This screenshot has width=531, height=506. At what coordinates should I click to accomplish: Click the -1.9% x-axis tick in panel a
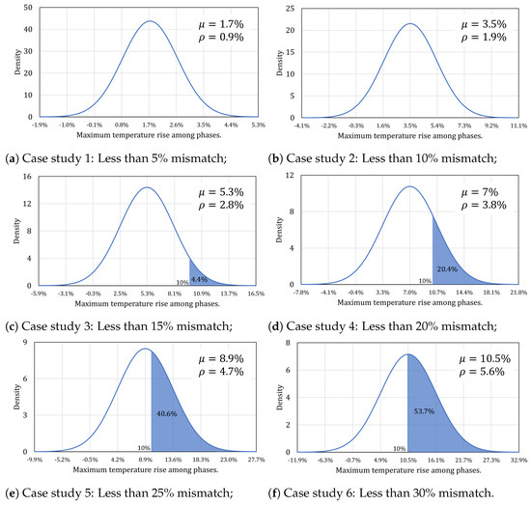click(40, 125)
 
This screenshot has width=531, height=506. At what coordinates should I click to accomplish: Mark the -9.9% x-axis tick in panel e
click(39, 461)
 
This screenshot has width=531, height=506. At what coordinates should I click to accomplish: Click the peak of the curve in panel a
click(150, 21)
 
